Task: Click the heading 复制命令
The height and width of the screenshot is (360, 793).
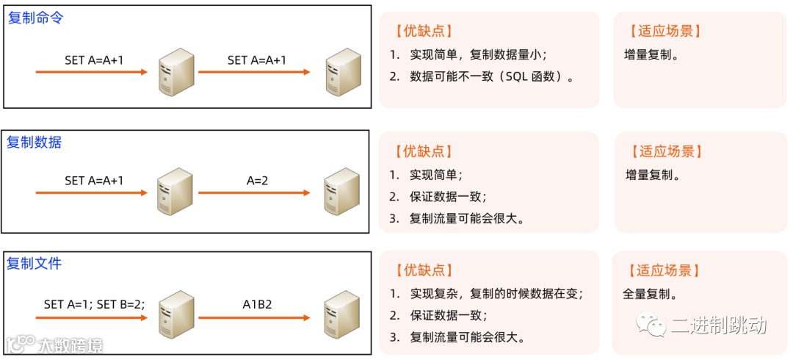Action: click(35, 18)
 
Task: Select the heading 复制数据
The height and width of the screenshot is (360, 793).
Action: click(34, 143)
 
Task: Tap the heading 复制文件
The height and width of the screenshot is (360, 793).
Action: click(34, 263)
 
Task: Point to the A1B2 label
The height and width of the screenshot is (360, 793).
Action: click(258, 303)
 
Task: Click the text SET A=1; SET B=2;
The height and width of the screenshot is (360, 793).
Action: click(94, 303)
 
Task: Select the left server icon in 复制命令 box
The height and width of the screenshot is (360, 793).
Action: click(175, 72)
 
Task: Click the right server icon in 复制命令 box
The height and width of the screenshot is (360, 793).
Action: click(342, 72)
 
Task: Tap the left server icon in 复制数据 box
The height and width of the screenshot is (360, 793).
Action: click(175, 192)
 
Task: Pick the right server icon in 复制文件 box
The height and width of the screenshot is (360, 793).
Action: click(342, 314)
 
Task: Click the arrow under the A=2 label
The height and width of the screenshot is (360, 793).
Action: click(254, 194)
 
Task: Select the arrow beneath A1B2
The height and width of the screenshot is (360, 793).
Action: click(254, 317)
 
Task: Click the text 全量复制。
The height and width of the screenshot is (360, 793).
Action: click(651, 295)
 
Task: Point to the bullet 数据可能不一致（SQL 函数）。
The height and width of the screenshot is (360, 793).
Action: click(491, 76)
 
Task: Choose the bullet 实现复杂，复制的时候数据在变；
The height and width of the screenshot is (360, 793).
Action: click(496, 294)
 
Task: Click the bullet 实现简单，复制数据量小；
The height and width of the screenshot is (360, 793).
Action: click(478, 54)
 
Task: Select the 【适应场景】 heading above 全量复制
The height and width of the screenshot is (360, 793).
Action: click(665, 271)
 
